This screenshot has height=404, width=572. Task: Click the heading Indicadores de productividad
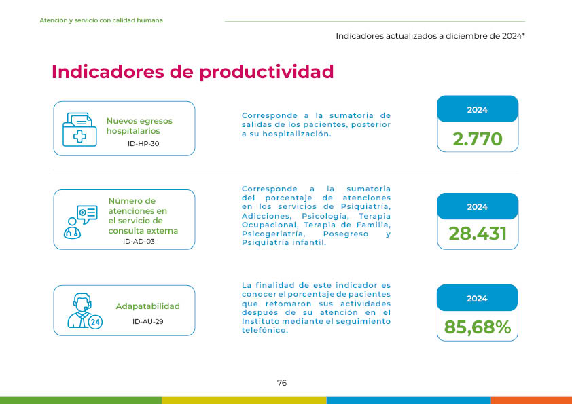[x=193, y=72]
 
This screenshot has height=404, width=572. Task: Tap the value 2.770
[x=478, y=139]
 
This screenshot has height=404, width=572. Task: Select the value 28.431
[x=478, y=234]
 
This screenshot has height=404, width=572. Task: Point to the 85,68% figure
[x=478, y=327]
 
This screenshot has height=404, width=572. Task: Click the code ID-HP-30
[x=143, y=144]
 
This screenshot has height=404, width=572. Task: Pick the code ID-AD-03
[x=139, y=241]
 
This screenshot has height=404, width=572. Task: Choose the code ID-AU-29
[x=147, y=322]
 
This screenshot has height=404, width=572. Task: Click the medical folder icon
[x=79, y=130]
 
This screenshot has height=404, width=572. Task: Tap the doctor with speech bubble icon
[x=81, y=222]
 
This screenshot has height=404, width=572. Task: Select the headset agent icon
[x=85, y=311]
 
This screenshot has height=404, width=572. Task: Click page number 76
[x=282, y=383]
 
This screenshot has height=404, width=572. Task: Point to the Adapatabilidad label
[x=147, y=306]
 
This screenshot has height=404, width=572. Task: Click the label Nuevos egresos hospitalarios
[x=139, y=126]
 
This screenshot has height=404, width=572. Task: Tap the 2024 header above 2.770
[x=478, y=110]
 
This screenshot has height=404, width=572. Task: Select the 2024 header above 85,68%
[x=477, y=299]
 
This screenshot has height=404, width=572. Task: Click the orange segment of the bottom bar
[x=531, y=400]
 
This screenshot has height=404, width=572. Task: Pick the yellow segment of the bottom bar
[x=244, y=400]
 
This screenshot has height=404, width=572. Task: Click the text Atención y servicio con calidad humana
[x=101, y=20]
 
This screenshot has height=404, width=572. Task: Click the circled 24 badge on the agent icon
[x=95, y=322]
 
